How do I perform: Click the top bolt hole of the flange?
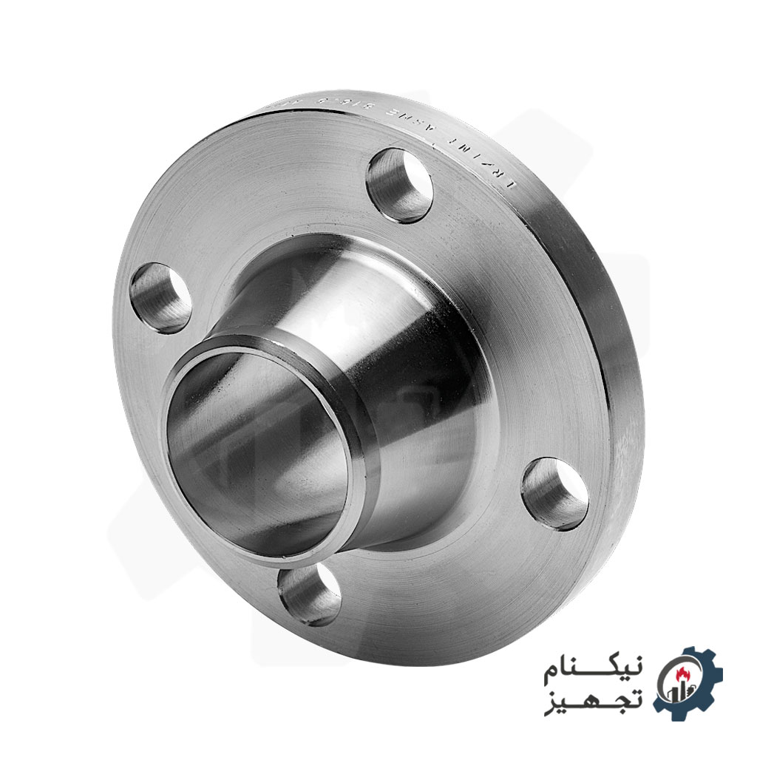tap(399, 185)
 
